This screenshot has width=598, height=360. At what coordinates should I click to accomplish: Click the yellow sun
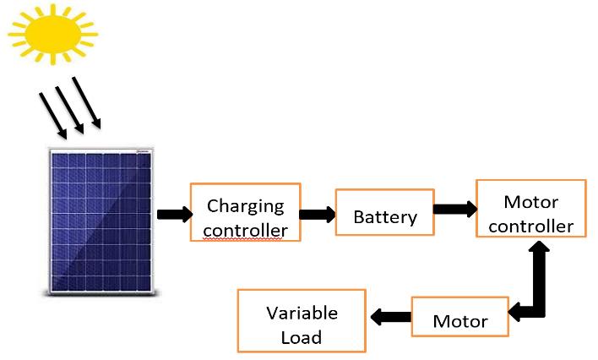coord(52,31)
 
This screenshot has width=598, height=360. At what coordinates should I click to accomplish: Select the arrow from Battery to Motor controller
coord(455,209)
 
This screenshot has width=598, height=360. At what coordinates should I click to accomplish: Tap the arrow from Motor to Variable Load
coord(390,317)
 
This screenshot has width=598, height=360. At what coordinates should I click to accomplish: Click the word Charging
coord(246,205)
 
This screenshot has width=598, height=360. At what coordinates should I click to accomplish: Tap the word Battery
coord(385,217)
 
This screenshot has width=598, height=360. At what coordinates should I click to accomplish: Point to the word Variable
coord(302,312)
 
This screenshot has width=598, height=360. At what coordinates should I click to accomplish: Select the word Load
coord(302,337)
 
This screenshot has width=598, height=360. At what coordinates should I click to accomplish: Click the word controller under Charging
coord(246,230)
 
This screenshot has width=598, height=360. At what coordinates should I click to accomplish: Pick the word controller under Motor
coord(531,226)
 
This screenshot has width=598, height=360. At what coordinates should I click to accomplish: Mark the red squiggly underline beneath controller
coord(246,240)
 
